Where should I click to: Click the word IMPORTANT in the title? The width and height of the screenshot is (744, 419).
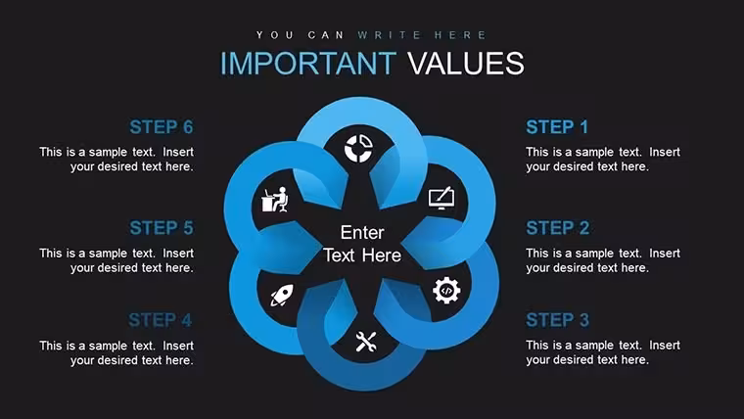tap(308, 63)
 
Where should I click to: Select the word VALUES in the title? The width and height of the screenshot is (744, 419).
tap(466, 63)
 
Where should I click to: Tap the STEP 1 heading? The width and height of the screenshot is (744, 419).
tap(557, 127)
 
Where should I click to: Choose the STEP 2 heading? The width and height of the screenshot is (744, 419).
tap(558, 228)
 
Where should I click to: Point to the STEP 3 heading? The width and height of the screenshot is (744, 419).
tap(558, 320)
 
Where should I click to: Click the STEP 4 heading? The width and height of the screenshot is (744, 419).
tap(161, 320)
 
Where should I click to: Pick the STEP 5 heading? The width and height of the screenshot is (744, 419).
tap(162, 228)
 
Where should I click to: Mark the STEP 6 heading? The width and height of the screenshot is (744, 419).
tap(162, 127)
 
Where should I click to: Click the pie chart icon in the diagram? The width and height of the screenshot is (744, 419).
tap(358, 149)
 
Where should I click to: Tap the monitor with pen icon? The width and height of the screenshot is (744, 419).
tap(442, 199)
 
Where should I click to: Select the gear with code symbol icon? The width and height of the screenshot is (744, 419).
tap(446, 291)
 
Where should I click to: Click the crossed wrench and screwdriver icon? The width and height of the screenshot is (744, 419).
tap(366, 342)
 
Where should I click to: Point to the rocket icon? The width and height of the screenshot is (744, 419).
tap(282, 295)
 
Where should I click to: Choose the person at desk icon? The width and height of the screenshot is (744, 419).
tap(275, 200)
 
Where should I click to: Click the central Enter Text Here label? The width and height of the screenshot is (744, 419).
tap(362, 244)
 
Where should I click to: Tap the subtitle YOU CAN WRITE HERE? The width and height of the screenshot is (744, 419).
tap(372, 35)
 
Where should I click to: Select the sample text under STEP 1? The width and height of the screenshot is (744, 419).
tap(603, 160)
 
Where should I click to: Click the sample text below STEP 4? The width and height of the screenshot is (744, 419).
tap(116, 353)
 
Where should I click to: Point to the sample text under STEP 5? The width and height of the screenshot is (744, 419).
tap(116, 260)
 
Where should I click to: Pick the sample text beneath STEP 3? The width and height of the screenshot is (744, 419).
tap(603, 352)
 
